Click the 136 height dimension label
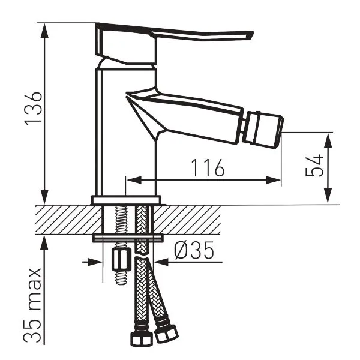34,109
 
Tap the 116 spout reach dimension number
208,167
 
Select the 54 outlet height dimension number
314,166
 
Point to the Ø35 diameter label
194,250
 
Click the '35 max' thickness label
32,305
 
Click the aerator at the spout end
263,130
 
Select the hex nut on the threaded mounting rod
120,260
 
